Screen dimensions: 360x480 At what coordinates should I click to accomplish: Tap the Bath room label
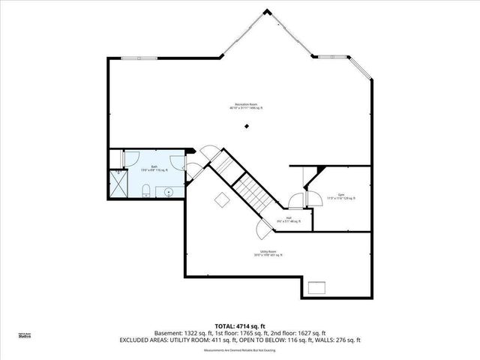pos(154,169)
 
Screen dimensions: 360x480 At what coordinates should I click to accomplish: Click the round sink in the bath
pos(169,191)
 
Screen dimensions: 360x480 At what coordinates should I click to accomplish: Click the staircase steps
pos(253,193)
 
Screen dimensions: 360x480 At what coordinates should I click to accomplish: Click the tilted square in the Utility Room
pos(221,199)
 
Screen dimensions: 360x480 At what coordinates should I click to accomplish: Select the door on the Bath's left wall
pos(125,158)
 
